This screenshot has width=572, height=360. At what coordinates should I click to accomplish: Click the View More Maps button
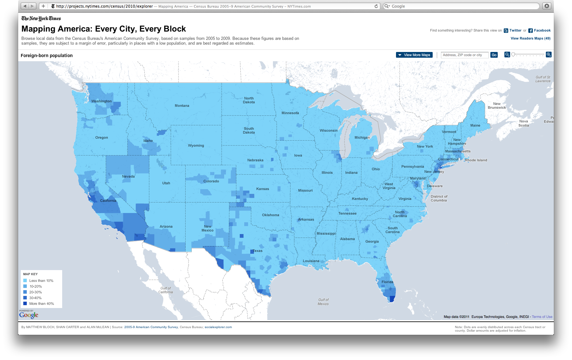(414, 55)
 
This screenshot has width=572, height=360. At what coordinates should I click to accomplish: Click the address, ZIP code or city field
(465, 55)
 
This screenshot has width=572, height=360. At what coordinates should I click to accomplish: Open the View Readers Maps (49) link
(530, 38)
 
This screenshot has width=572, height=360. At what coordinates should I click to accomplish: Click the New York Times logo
(41, 18)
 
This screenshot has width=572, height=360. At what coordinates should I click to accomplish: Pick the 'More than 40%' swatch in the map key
(25, 304)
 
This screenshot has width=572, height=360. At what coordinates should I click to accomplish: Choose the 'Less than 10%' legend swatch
(25, 281)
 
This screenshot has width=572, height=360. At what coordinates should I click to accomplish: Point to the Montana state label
(182, 106)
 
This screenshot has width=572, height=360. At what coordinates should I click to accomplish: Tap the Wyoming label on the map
(196, 145)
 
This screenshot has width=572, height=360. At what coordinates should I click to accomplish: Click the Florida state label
(387, 282)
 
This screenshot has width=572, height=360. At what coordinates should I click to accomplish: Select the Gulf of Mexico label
(323, 302)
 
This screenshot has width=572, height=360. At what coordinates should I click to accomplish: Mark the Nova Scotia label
(524, 123)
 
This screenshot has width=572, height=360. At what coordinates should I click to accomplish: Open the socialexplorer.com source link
(218, 327)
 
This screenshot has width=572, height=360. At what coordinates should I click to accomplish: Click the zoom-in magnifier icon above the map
(548, 55)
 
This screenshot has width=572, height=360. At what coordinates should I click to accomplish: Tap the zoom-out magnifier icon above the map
(507, 55)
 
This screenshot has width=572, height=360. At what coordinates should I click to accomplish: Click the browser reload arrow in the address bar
(376, 6)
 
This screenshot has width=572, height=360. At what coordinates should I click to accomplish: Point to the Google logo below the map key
(29, 315)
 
